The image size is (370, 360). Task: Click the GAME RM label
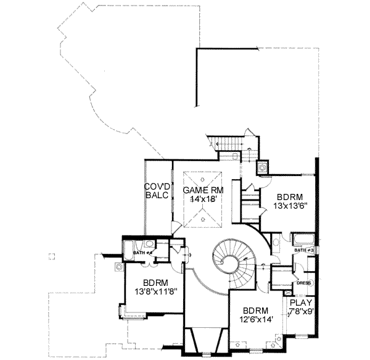click(202, 190)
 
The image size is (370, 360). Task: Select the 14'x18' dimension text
click(202, 200)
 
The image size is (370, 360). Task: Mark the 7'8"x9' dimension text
click(302, 312)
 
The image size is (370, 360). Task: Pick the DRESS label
click(303, 283)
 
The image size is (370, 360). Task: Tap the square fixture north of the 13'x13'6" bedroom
click(263, 165)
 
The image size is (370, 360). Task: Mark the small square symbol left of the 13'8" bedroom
click(118, 267)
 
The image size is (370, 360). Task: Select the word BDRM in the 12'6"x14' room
click(254, 311)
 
